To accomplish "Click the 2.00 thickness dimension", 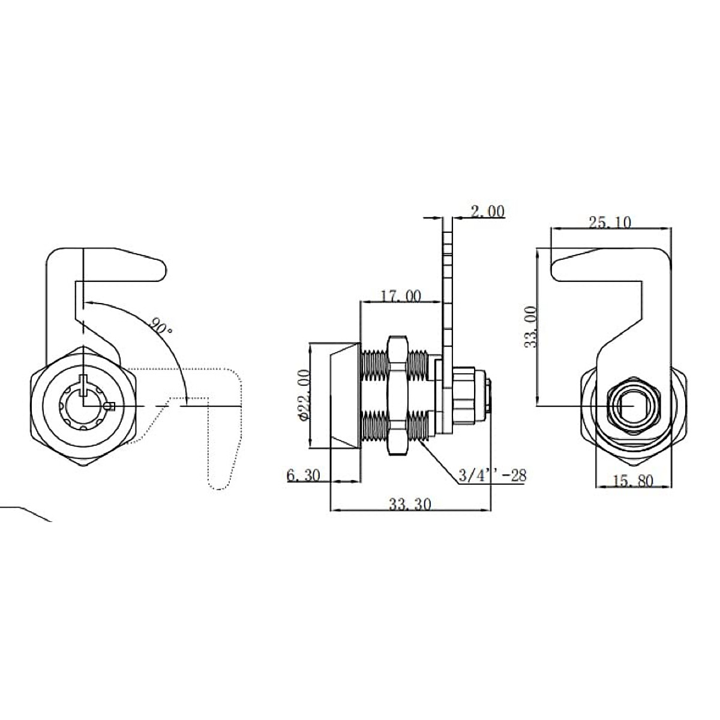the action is [x=487, y=211].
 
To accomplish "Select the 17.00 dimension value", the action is [x=401, y=296].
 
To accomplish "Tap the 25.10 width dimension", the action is [x=610, y=223].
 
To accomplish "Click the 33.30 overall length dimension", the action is [x=410, y=505].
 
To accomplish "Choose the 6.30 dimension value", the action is [x=304, y=476].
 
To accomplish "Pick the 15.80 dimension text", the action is [x=633, y=481].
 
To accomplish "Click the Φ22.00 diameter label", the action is [x=305, y=394].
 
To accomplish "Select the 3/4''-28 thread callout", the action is [x=493, y=476].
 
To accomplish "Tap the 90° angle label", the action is [x=161, y=326].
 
